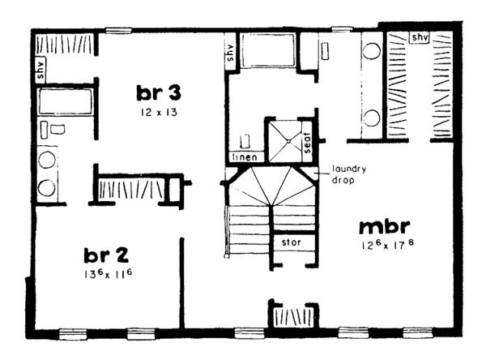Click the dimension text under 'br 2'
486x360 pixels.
[107, 273]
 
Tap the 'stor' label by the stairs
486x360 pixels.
[290, 242]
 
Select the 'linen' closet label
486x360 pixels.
[245, 156]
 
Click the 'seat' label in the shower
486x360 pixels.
[307, 143]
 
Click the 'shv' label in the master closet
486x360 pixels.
[419, 37]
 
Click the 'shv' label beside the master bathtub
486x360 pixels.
[230, 54]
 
